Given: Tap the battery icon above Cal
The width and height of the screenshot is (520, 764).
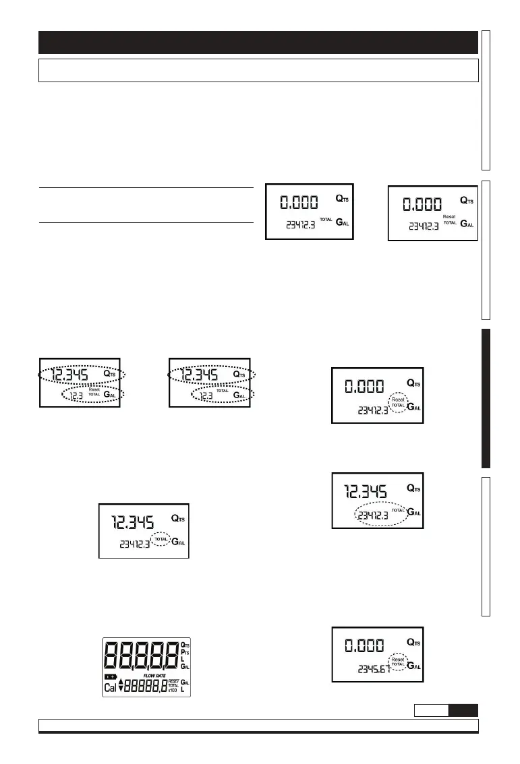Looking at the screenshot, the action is coord(110,676).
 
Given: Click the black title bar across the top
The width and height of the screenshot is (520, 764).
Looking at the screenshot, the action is coord(258,42).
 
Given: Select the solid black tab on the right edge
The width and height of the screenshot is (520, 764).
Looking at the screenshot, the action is coord(486,397).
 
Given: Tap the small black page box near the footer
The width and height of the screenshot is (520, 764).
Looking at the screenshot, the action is coord(464,710).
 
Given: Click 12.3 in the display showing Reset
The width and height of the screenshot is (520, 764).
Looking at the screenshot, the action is coord(76,395).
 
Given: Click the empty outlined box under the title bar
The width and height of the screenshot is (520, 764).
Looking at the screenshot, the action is coord(258,70).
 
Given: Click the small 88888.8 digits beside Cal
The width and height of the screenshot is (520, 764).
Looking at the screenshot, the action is coord(146,687).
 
